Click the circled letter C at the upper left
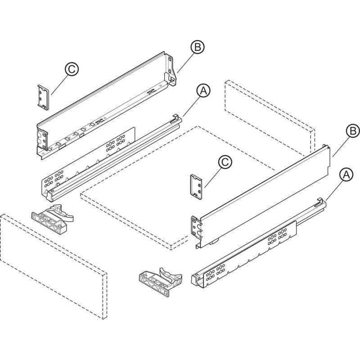72,69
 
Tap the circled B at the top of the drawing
198,47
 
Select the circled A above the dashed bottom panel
203,90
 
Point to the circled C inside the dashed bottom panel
225,162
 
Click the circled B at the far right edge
353,131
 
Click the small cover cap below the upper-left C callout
44,97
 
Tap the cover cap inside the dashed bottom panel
197,187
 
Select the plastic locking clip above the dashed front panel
52,219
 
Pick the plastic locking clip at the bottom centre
161,282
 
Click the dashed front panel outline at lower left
54,266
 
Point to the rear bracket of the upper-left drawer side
171,70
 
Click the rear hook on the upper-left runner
176,117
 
